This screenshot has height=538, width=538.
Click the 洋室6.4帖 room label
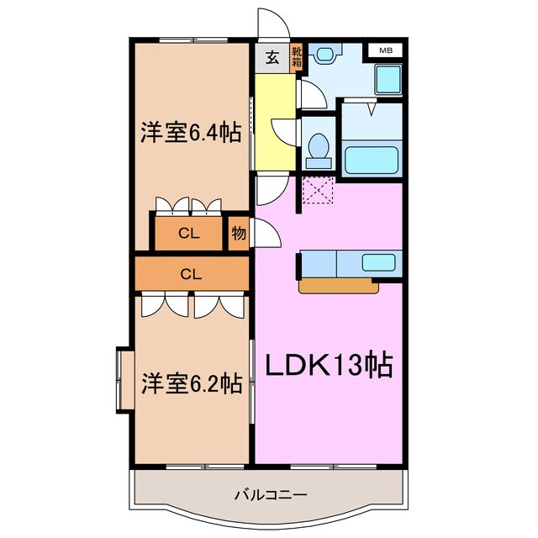[x=190, y=132]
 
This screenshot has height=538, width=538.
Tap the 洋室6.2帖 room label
[x=191, y=383]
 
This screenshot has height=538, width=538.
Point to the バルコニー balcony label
[x=270, y=494]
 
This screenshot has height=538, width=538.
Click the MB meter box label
[x=385, y=51]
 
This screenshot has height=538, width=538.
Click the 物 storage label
[x=239, y=234]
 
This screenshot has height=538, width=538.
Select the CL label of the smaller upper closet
[x=189, y=234]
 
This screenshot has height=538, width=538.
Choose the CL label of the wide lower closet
[x=191, y=273]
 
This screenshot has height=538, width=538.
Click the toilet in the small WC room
[x=319, y=148]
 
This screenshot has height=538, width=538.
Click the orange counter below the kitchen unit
[x=339, y=286]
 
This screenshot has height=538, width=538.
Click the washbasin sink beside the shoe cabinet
[x=325, y=54]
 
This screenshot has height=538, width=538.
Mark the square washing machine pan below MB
[x=388, y=81]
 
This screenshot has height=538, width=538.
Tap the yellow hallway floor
[x=272, y=122]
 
